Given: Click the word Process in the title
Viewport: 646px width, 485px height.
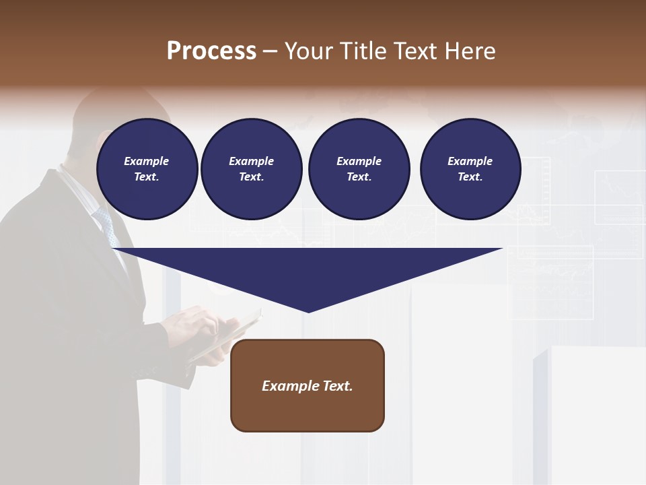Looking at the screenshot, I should pyautogui.click(x=211, y=51).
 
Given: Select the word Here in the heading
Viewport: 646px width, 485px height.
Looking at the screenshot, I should pyautogui.click(x=470, y=51).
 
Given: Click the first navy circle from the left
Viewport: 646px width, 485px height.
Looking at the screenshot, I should pyautogui.click(x=147, y=168).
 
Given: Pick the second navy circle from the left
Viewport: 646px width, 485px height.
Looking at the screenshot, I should pyautogui.click(x=251, y=168).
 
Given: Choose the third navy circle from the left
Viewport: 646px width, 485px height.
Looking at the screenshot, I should pyautogui.click(x=359, y=168).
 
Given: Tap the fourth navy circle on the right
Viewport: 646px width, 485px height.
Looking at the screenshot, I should pyautogui.click(x=470, y=168).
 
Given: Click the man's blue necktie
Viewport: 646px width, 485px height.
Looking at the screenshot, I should pyautogui.click(x=107, y=226).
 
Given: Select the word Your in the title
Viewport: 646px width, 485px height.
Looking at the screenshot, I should pyautogui.click(x=308, y=51).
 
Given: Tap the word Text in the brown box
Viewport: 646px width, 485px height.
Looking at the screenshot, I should pyautogui.click(x=337, y=386).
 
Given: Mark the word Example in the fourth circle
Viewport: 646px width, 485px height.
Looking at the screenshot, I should pyautogui.click(x=470, y=161).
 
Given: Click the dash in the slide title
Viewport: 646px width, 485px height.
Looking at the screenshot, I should pyautogui.click(x=271, y=51).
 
